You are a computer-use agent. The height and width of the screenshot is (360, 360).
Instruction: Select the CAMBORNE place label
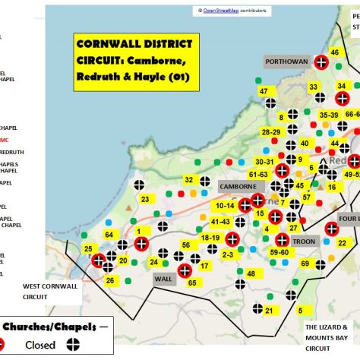(238, 186)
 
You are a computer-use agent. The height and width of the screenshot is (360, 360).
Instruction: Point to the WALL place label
(164, 279)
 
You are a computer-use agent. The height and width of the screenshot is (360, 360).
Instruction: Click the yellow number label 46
(334, 52)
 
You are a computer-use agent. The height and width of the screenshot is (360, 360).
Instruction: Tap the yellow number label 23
(145, 199)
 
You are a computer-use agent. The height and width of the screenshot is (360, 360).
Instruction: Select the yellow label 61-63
(258, 174)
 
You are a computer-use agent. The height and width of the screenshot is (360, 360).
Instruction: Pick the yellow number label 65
(192, 283)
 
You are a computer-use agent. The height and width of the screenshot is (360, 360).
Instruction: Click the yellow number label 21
(269, 309)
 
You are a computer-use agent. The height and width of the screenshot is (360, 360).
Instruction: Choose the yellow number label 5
(301, 310)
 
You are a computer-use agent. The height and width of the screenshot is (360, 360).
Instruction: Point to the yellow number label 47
(264, 91)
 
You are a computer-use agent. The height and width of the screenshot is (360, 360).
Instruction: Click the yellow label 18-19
(210, 238)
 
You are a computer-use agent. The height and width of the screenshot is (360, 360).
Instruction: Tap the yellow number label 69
(305, 264)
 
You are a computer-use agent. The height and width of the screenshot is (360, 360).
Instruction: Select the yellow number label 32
(189, 180)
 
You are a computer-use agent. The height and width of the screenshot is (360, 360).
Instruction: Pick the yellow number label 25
(88, 248)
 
